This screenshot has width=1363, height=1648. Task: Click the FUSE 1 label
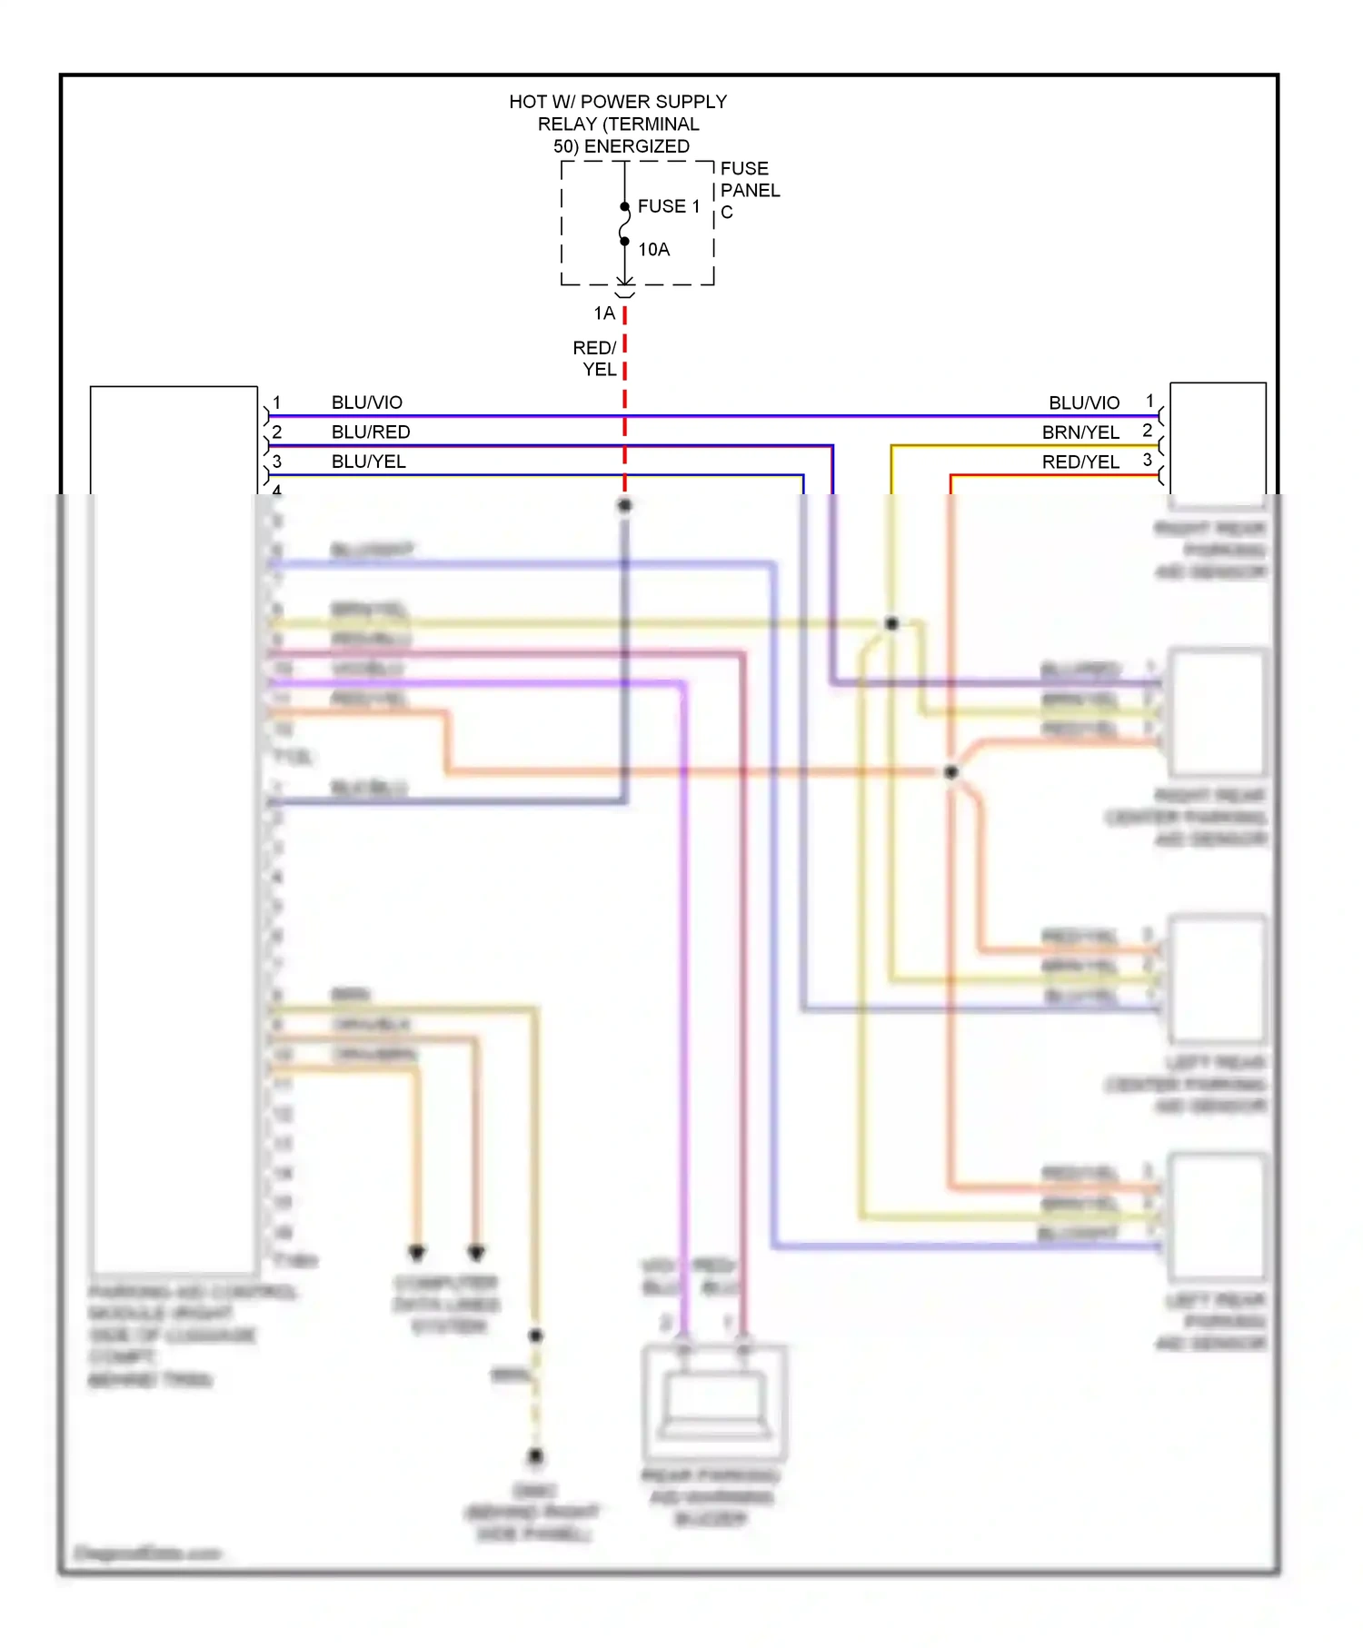pos(668,206)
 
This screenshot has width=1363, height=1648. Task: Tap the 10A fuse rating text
pos(653,250)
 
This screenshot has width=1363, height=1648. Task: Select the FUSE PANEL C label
pos(749,191)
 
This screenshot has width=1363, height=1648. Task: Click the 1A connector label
pos(604,313)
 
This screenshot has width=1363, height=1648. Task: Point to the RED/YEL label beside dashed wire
pos(596,359)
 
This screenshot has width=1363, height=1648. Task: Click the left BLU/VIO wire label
pos(366,402)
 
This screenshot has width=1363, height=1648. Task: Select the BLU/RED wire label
pos(371,432)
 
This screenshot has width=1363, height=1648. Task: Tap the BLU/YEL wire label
pos(368,462)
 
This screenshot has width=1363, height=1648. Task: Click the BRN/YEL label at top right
pos(1079,432)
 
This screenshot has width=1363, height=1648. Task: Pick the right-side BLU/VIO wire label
pos(1083,402)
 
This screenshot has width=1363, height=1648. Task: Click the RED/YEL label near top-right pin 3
pos(1079,462)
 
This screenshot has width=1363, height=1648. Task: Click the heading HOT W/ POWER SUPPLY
pos(618,102)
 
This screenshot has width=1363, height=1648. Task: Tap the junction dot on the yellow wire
pos(891,623)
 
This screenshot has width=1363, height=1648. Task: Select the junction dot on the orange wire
pos(950,772)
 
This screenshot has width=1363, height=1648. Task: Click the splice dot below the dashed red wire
pos(624,505)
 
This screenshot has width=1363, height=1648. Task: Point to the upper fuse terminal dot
pos(624,207)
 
